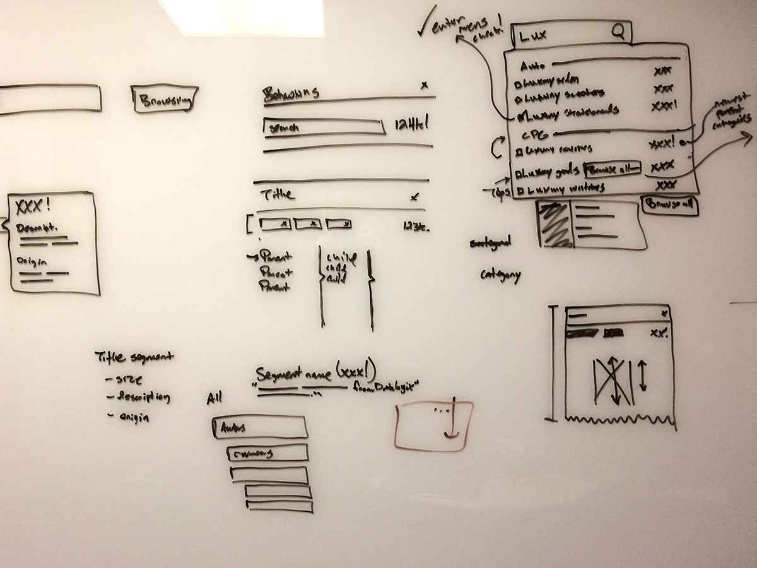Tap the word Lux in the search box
pos(531,36)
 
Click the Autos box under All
pos(260,427)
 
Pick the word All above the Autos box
pos(215,398)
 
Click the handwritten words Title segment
pos(134,357)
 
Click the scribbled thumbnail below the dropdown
pos(553,223)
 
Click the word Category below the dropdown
pos(500,276)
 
